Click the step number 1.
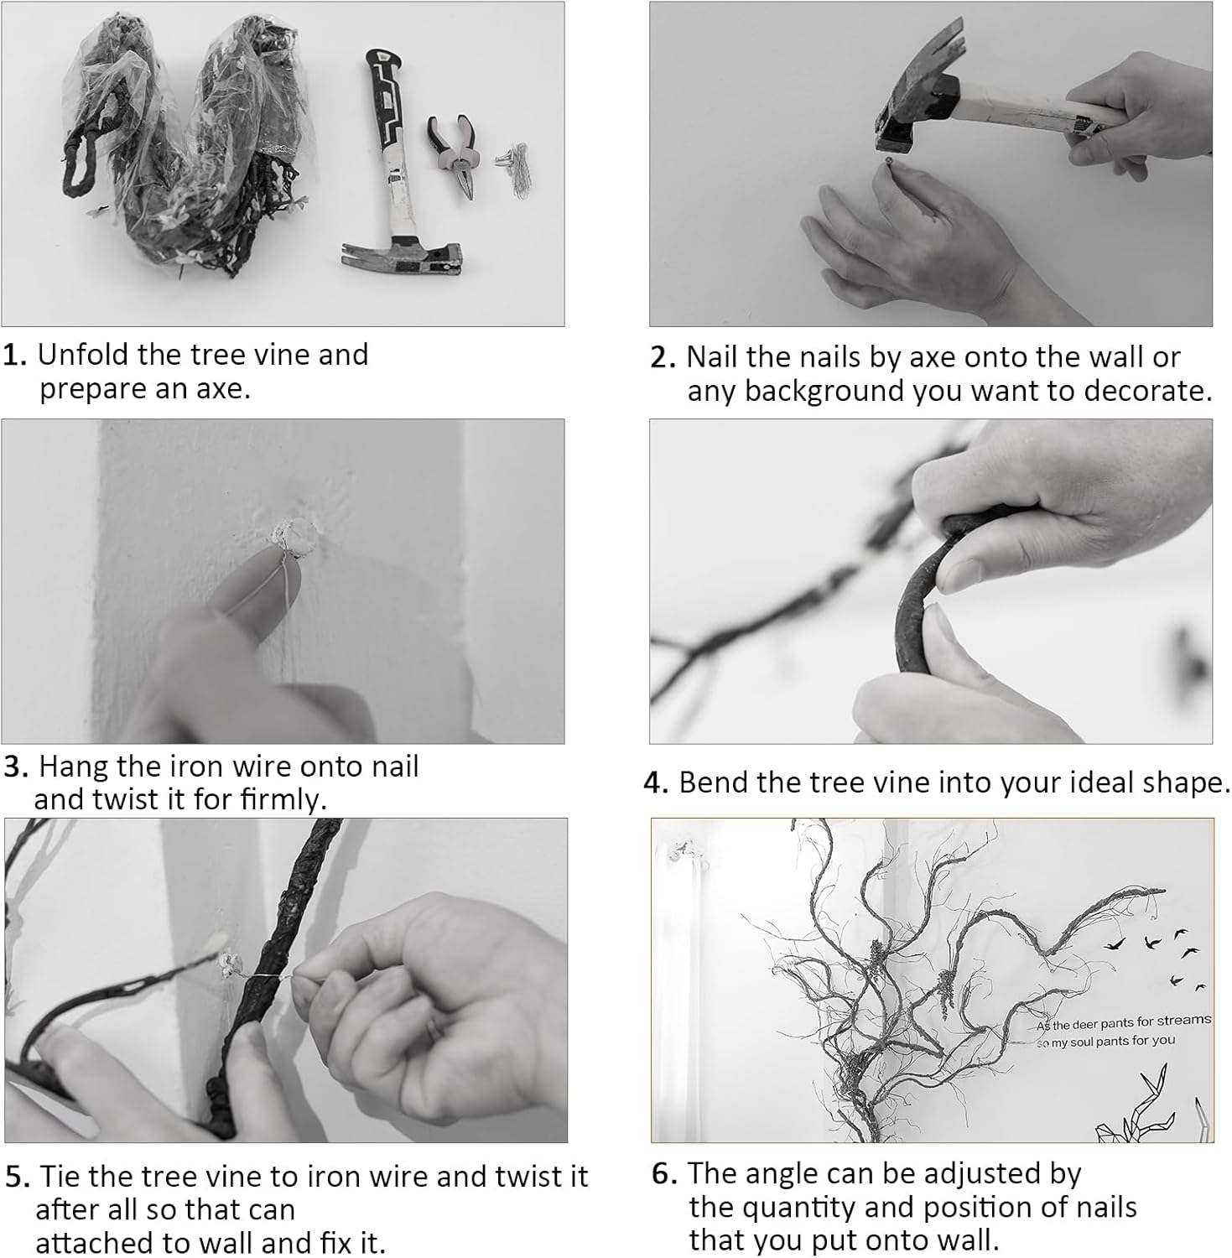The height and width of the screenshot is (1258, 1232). click(x=16, y=356)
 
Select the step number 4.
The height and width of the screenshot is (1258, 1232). click(x=656, y=783)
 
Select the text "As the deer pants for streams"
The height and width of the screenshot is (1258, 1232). click(x=1124, y=1022)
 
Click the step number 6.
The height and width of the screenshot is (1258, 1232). click(x=664, y=1174)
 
